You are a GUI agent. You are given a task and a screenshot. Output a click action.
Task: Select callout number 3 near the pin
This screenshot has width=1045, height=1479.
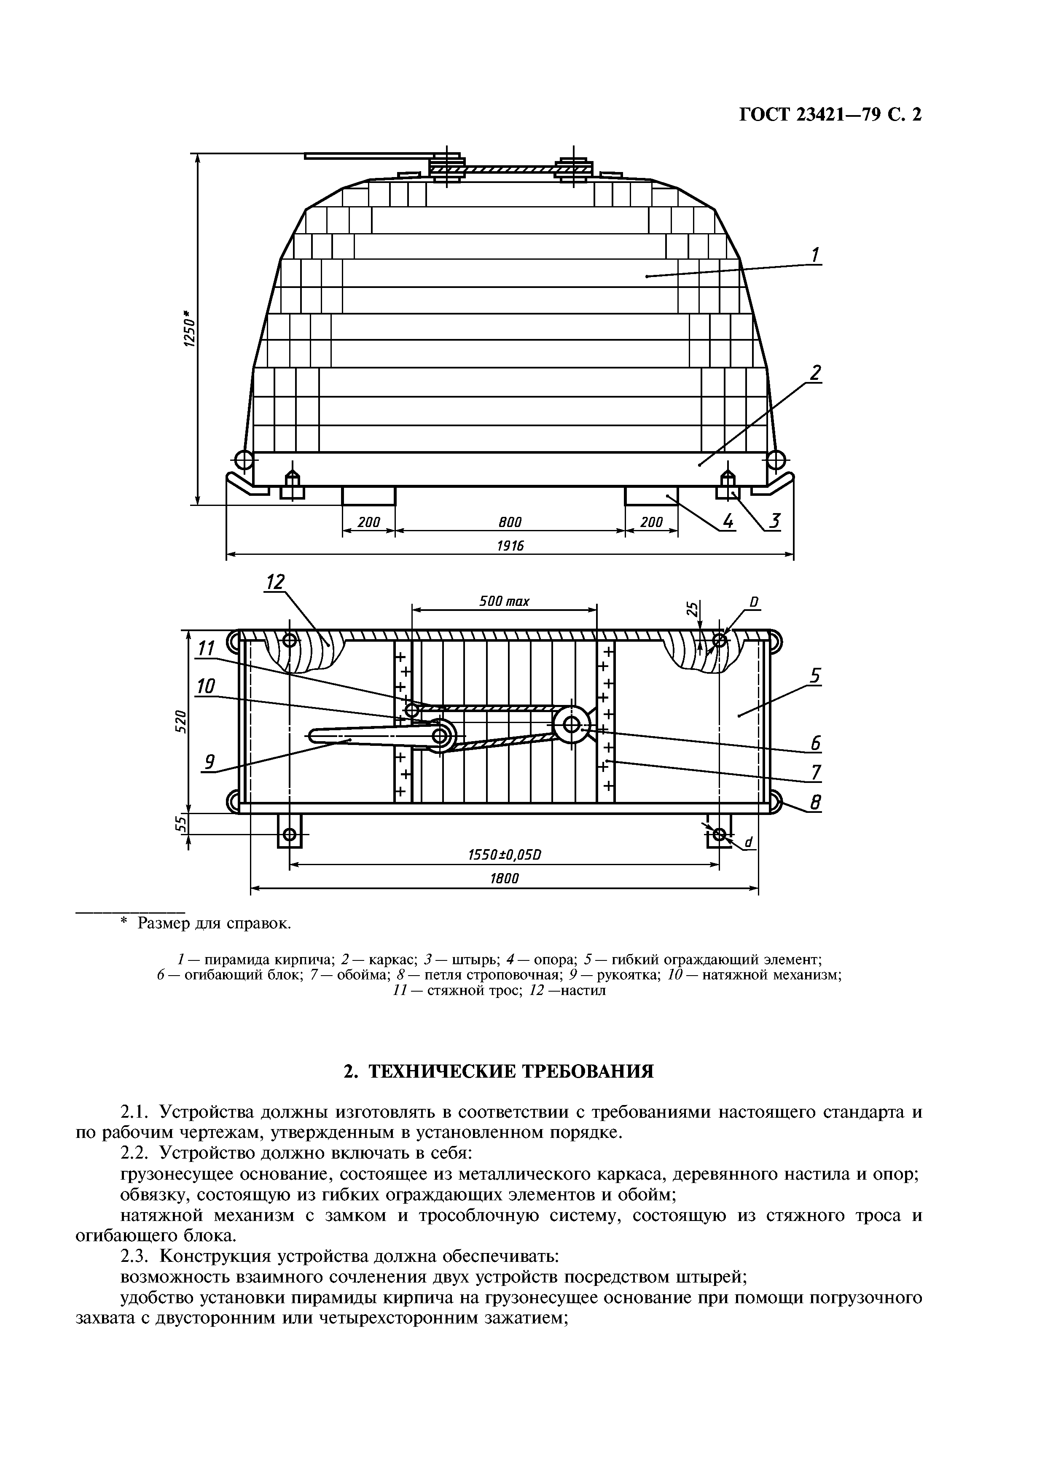(775, 521)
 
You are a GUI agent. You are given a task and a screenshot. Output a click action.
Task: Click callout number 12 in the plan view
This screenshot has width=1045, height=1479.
(275, 582)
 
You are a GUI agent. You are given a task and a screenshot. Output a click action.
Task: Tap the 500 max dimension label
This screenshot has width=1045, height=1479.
(504, 601)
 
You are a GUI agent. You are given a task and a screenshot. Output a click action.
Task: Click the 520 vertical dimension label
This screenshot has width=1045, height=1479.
(182, 721)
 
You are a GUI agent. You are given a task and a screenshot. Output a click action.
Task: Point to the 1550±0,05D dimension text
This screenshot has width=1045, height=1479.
(504, 855)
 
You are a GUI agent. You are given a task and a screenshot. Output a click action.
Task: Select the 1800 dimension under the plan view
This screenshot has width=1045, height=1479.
(504, 879)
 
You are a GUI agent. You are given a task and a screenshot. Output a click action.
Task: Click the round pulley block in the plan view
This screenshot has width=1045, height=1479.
(571, 725)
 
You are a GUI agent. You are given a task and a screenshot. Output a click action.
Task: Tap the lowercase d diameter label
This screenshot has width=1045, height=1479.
(748, 842)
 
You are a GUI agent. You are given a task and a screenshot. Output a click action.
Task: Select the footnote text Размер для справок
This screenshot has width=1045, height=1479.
(215, 924)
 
